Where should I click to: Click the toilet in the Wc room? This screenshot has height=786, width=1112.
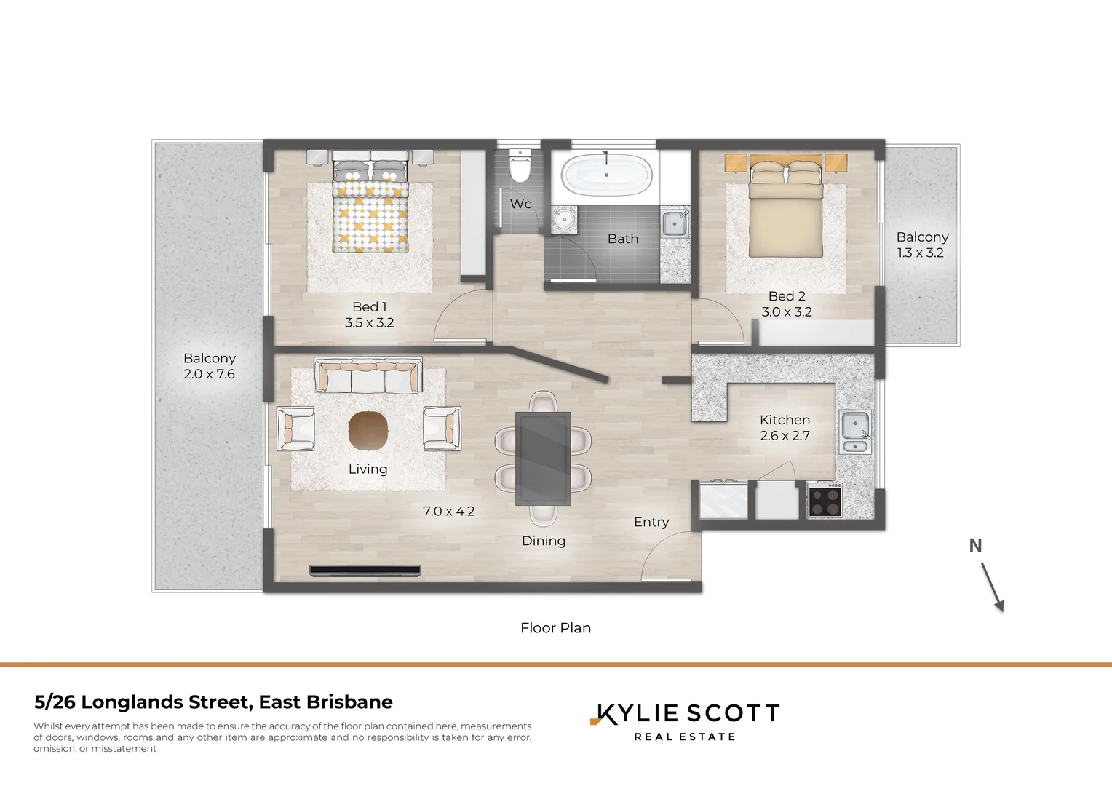pos(520,167)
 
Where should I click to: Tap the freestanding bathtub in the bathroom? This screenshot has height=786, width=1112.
pos(606,175)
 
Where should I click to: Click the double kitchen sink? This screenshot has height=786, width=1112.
pos(854,431)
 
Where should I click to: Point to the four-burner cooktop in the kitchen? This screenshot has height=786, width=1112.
pos(825,501)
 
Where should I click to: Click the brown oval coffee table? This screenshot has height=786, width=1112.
pos(368,431)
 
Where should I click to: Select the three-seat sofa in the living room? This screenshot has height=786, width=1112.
pos(368,376)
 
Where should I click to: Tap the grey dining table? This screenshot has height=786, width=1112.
pos(543,458)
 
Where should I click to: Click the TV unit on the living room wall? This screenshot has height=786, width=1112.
pos(365,571)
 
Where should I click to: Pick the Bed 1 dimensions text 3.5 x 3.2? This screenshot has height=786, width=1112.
pos(370,322)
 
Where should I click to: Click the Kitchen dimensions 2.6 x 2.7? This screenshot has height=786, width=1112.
pos(785,436)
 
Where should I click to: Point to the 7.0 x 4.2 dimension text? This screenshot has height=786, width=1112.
pos(448,512)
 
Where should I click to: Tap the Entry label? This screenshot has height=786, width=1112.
pos(651,522)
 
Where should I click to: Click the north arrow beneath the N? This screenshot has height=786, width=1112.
pos(993,587)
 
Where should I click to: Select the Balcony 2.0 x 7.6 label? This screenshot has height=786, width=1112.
pos(210,366)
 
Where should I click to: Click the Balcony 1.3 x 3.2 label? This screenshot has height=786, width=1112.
pos(921,245)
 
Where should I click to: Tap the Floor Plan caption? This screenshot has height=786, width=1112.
pos(555,627)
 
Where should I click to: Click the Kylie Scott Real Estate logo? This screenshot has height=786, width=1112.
pos(685,721)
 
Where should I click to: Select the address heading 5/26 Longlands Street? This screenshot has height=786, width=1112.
pos(213,702)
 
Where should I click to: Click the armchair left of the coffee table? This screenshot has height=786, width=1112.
pos(295,429)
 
